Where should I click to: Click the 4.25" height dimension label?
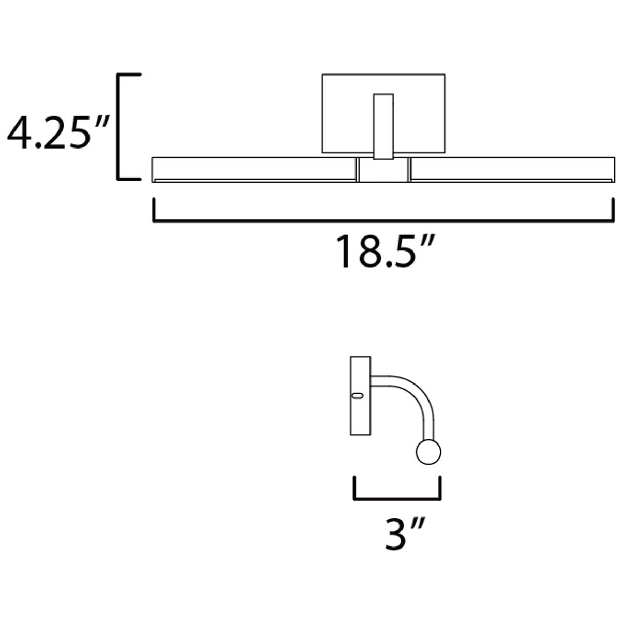pos(58,132)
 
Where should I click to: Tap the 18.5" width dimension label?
pos(385,252)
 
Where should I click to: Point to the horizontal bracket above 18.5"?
pos(383,221)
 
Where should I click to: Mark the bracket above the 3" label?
pos(397,499)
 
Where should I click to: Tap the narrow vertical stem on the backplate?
pos(383,126)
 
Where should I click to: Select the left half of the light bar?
pos(254,170)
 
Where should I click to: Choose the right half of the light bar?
pos(513,170)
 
